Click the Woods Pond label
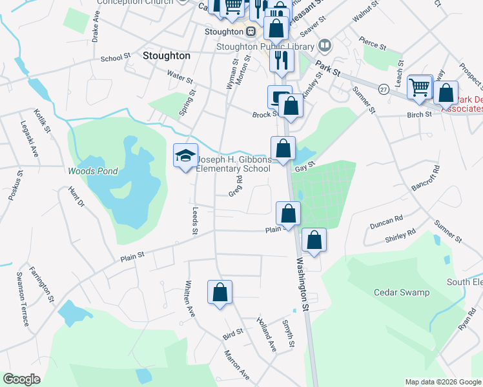point(93,171)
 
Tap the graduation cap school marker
point(185,156)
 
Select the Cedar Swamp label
point(402,292)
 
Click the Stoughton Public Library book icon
point(325,46)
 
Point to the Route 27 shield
point(384,90)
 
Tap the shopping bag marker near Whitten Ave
point(220,292)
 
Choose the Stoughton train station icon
point(251,30)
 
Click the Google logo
point(21,379)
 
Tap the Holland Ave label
point(266,333)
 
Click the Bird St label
point(232,333)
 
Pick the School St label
point(116,58)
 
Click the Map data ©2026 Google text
point(442,382)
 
